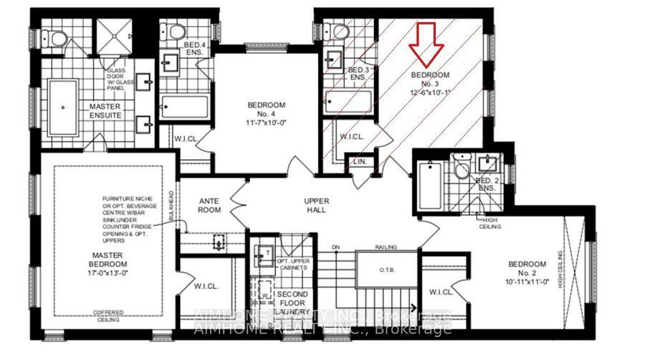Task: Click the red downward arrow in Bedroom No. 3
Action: pos(426,43)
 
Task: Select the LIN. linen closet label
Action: pos(360,164)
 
